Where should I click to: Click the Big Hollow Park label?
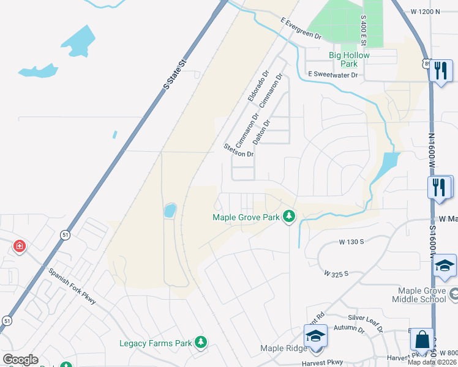click(x=350, y=59)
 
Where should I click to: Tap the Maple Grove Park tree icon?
click(x=289, y=217)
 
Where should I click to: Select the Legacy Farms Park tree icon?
click(x=200, y=343)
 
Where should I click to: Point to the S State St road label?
click(x=174, y=75)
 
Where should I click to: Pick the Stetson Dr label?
click(x=238, y=150)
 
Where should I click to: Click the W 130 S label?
click(x=351, y=242)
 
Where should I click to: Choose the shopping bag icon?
click(x=422, y=338)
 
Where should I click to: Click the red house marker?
click(x=20, y=247)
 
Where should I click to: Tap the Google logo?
click(x=20, y=360)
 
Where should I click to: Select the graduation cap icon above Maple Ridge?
click(x=315, y=336)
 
